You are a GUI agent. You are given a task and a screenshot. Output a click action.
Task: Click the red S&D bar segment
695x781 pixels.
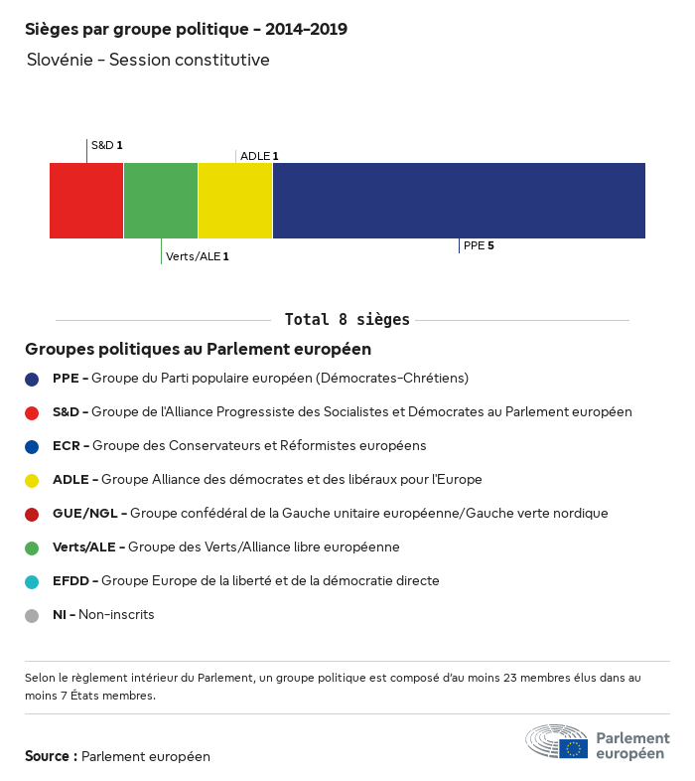86,201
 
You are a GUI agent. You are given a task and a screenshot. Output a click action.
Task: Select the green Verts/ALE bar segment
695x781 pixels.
161,201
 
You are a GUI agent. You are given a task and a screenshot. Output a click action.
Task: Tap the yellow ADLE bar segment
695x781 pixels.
235,201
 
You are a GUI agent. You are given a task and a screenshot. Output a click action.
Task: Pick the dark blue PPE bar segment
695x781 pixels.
459,201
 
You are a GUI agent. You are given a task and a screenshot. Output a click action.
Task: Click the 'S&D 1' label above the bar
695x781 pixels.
106,145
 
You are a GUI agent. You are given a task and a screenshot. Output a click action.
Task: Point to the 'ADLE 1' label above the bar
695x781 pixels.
259,156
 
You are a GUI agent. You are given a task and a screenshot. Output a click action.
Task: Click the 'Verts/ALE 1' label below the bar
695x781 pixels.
198,256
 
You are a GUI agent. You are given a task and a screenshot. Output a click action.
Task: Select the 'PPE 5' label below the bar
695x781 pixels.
479,244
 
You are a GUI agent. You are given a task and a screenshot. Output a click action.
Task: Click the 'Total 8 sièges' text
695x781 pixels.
347,320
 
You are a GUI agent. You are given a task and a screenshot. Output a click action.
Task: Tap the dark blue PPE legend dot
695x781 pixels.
32,379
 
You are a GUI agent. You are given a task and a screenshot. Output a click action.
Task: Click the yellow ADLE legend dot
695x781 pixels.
32,480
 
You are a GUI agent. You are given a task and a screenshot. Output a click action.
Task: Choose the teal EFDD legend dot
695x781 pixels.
32,581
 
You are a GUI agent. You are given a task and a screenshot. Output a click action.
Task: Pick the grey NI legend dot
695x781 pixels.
32,615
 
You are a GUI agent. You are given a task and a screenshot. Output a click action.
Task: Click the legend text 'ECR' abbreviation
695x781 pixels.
66,445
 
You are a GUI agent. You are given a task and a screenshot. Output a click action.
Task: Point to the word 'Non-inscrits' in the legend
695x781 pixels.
116,614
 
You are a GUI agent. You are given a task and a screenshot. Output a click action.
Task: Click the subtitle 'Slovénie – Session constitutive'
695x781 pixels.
148,60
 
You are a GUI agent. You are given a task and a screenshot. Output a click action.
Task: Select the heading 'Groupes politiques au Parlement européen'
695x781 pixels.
198,349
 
